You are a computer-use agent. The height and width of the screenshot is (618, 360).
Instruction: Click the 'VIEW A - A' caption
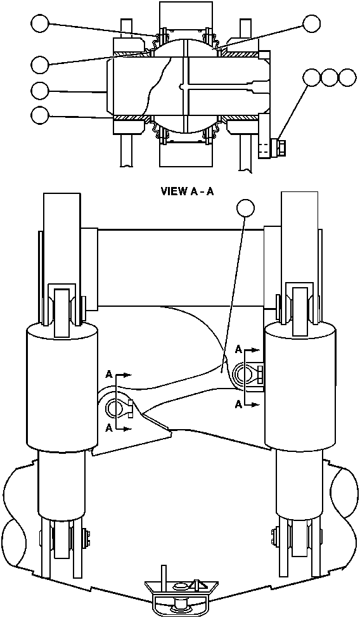[x=189, y=191]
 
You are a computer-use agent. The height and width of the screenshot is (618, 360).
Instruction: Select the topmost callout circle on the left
[x=39, y=24]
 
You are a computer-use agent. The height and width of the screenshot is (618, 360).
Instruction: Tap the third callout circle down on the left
[x=39, y=90]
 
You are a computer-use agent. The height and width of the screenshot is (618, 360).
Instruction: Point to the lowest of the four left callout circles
[x=39, y=115]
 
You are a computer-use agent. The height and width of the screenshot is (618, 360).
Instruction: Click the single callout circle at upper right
[x=311, y=24]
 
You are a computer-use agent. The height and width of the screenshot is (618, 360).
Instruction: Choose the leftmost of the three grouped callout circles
[x=311, y=77]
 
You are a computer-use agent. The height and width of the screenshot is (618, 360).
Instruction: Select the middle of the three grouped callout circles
[x=330, y=77]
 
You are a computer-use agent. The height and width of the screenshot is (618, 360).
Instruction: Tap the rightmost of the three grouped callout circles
[x=347, y=77]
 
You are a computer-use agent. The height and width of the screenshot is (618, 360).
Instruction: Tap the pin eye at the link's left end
[x=115, y=406]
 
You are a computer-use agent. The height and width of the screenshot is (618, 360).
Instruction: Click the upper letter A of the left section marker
[x=109, y=375]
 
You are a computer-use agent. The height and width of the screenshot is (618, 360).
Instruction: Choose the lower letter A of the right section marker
[x=238, y=404]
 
